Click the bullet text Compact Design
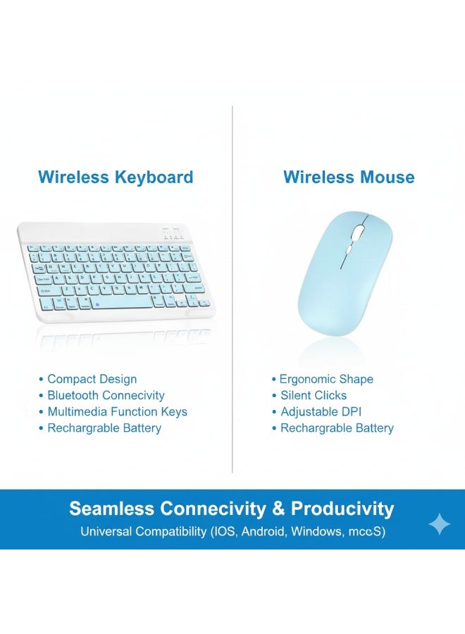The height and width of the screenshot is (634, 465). (92, 379)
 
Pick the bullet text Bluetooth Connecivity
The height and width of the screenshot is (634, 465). (106, 396)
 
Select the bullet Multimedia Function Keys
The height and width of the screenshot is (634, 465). (117, 412)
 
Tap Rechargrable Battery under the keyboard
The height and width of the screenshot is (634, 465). (104, 428)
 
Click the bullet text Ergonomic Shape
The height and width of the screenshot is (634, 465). (326, 379)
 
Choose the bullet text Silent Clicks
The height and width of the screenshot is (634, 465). (314, 396)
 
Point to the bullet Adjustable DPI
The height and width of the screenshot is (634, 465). (321, 412)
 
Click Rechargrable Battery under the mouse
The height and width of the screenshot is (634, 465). (337, 428)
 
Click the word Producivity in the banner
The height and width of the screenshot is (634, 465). (342, 509)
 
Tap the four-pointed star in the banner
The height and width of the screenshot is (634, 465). (439, 523)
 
